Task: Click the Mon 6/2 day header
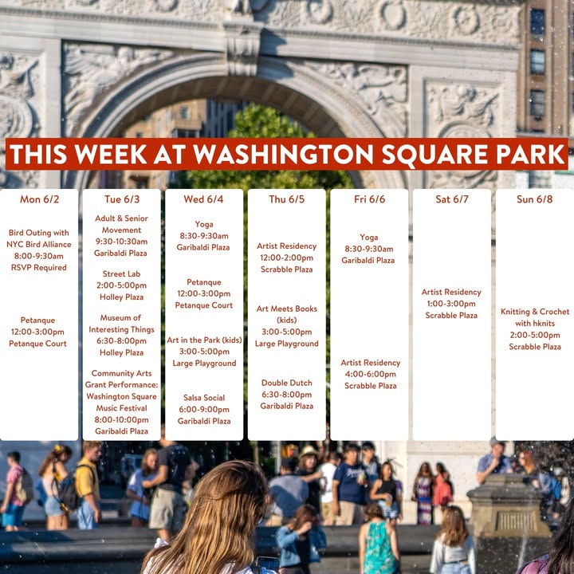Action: (39, 199)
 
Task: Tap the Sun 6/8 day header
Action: (534, 199)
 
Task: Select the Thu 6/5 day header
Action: (287, 199)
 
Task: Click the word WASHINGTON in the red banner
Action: (283, 154)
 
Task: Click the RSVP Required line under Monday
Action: (39, 268)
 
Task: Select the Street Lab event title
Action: (121, 273)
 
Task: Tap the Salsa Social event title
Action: (204, 398)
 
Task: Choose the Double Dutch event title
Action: (287, 383)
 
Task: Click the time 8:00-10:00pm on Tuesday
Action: (121, 419)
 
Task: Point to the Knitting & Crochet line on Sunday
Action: (535, 312)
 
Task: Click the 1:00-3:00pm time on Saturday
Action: (451, 304)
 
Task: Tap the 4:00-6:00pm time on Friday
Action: (371, 374)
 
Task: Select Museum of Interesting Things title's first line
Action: (120, 318)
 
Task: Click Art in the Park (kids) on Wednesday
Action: (204, 340)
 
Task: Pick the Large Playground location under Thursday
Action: (287, 344)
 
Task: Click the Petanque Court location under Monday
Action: (37, 344)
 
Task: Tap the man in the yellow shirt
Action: (88, 485)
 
